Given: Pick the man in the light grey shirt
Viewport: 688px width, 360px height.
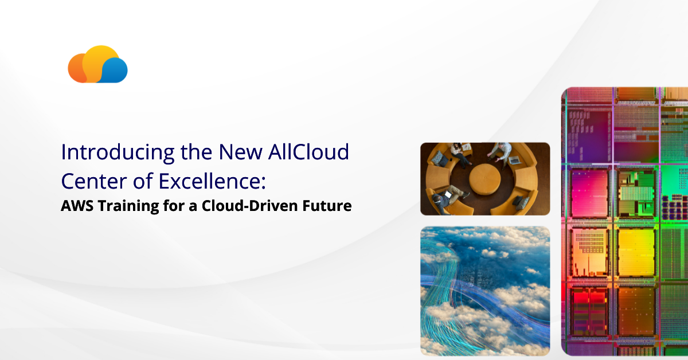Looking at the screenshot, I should tap(502, 150).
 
